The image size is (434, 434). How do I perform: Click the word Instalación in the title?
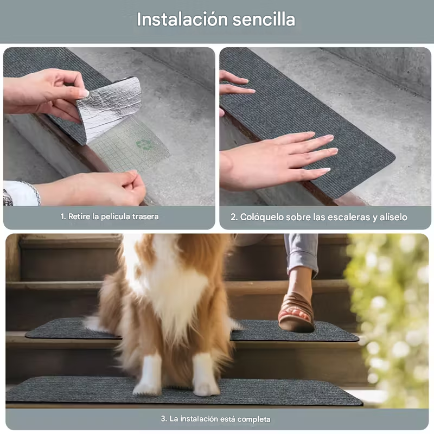point(182,20)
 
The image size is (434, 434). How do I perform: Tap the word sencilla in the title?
point(264,20)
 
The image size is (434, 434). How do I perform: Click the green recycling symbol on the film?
point(144,144)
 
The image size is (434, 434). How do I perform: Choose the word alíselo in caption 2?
point(393,217)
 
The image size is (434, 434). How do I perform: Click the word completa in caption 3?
point(254,419)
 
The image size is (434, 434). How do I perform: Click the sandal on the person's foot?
point(296,312)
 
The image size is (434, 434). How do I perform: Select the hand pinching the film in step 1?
point(91,188)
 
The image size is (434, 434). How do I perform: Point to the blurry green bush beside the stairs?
point(390,318)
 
